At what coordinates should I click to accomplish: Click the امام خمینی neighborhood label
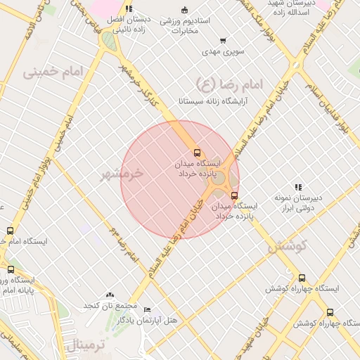tap(53, 72)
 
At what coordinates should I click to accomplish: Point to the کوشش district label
tap(288, 246)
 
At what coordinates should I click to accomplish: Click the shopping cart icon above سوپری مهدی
tap(223, 40)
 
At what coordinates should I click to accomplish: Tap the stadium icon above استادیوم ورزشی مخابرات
tap(185, 10)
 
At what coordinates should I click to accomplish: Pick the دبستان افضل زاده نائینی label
tap(126, 25)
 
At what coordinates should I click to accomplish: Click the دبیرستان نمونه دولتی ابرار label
tap(300, 203)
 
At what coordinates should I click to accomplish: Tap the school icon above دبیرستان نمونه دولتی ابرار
tap(299, 187)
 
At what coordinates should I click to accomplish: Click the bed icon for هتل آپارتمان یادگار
tap(147, 309)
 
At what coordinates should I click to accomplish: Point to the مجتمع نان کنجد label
tap(110, 306)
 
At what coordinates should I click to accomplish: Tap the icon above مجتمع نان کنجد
tap(109, 295)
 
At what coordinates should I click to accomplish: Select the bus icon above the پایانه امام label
tap(11, 269)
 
